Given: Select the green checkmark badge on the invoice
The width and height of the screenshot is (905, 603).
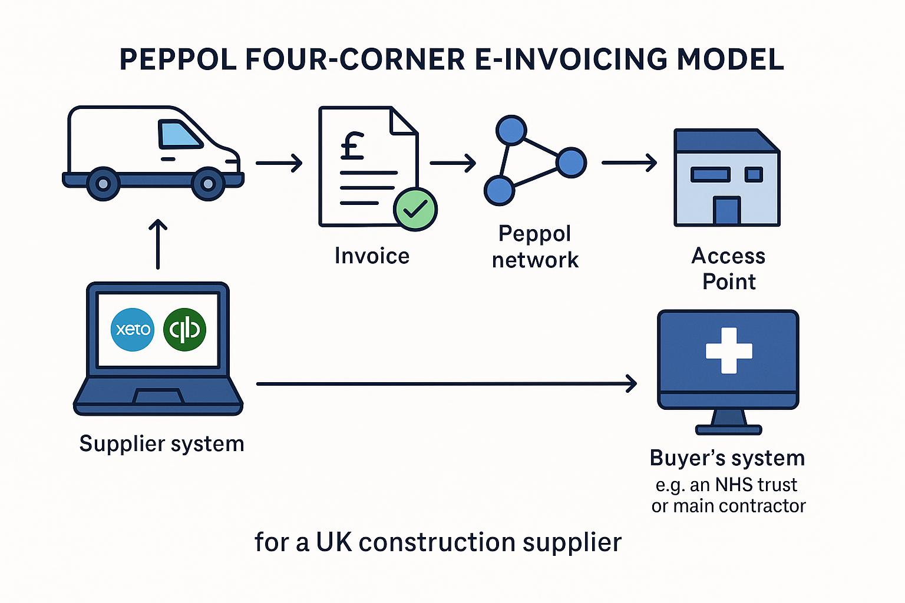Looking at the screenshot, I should coord(415,209).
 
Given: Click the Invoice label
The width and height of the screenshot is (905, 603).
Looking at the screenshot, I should coord(372,256).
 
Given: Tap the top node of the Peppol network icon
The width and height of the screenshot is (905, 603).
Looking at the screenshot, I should coord(510,130).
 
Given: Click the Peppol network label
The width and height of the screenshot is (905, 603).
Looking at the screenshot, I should coord(535,247).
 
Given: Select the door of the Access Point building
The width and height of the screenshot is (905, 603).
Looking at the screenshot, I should coord(726,210).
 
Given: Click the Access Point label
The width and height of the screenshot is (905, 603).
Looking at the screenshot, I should coord(728,269).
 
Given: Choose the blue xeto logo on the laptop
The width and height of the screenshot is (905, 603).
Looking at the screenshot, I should coord(133,329).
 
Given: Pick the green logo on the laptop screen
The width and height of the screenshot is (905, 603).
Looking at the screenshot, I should coord(184,329).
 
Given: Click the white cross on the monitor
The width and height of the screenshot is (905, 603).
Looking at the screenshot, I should coord(729,350).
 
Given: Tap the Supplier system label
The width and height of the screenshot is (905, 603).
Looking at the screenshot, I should coord(161,443).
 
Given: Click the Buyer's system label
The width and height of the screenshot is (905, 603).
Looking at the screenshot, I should coord(727,458).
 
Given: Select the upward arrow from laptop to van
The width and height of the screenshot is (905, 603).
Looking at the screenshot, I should coord(158,244).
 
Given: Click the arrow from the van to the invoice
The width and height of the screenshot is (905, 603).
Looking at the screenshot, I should coord(279,163).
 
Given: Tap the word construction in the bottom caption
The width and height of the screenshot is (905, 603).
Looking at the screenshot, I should coord(437,542).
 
